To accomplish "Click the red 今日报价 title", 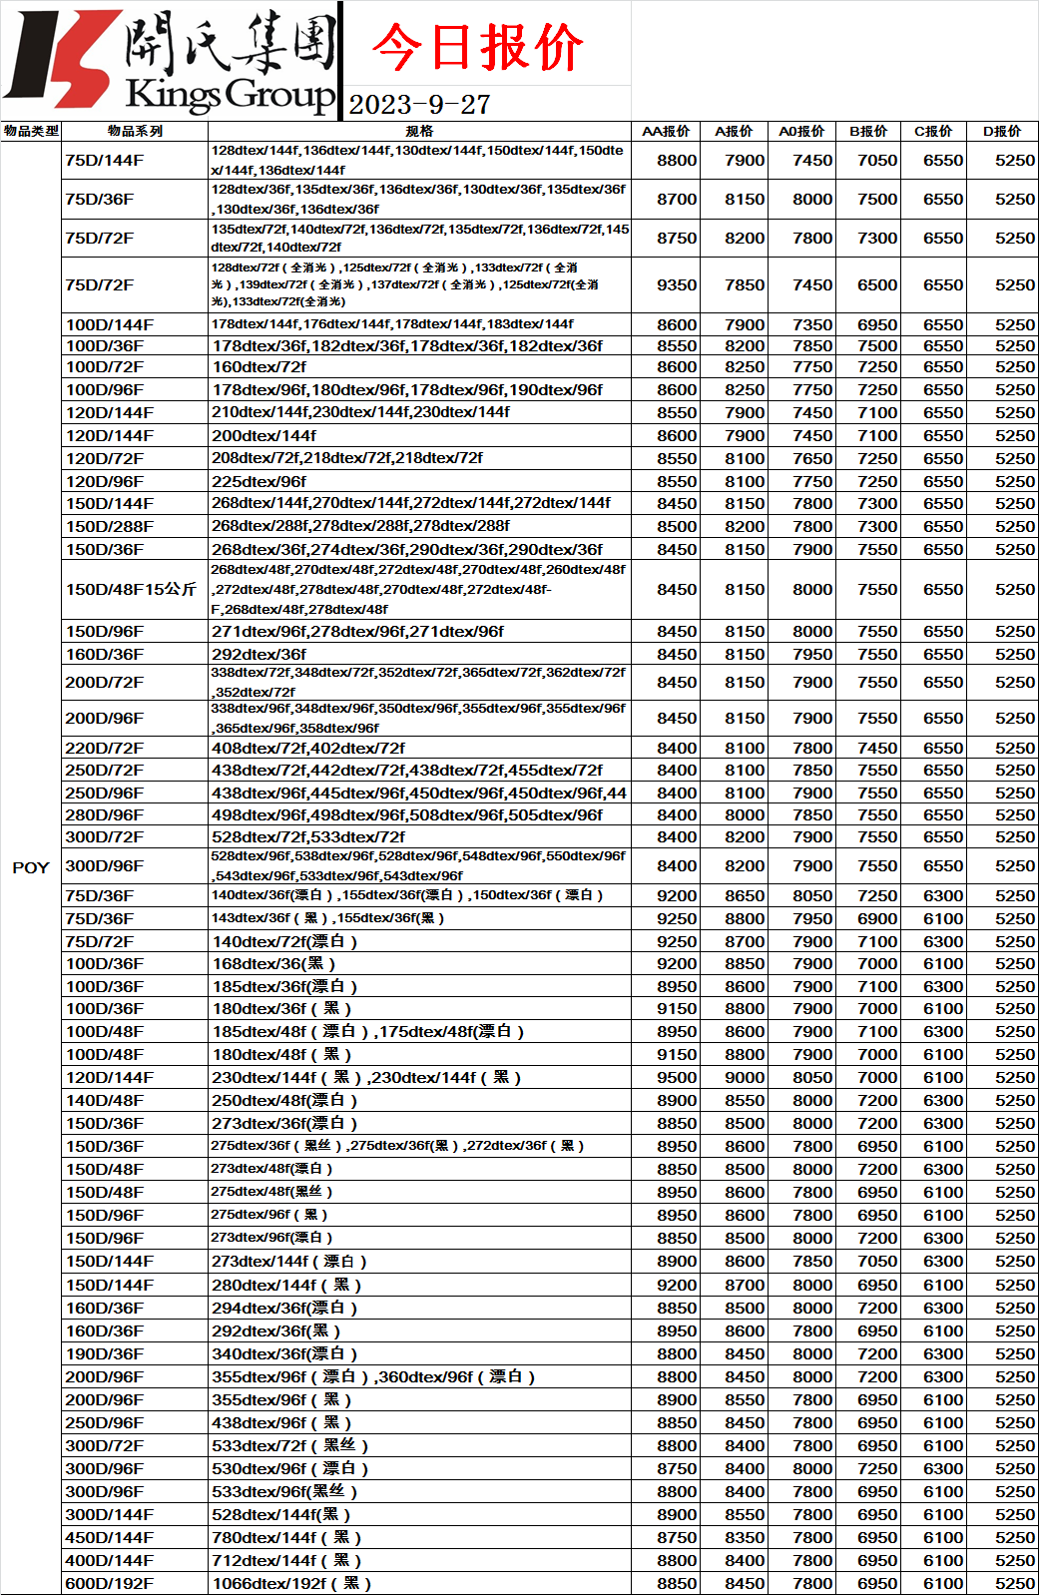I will tap(477, 47).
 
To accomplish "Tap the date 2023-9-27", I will tap(419, 105).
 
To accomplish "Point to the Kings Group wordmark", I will tap(230, 95).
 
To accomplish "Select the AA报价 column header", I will tap(666, 131).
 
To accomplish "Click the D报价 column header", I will tap(1002, 131).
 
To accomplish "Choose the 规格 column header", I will tap(419, 131).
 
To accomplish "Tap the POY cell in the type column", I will tap(31, 867).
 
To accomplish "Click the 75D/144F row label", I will tap(105, 160).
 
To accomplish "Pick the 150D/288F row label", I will tap(110, 526).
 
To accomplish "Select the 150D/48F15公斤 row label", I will tap(131, 589).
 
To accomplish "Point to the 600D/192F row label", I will tap(110, 1583).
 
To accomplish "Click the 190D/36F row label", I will tap(105, 1353).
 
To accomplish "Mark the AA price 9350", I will tap(677, 284).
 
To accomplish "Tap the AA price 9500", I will tap(677, 1077).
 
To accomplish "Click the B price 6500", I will tap(877, 284).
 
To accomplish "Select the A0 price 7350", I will tap(812, 324).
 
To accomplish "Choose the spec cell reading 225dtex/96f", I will tap(260, 481).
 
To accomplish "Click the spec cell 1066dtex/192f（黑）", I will tap(291, 1583).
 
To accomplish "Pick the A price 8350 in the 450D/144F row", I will tap(745, 1537).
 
